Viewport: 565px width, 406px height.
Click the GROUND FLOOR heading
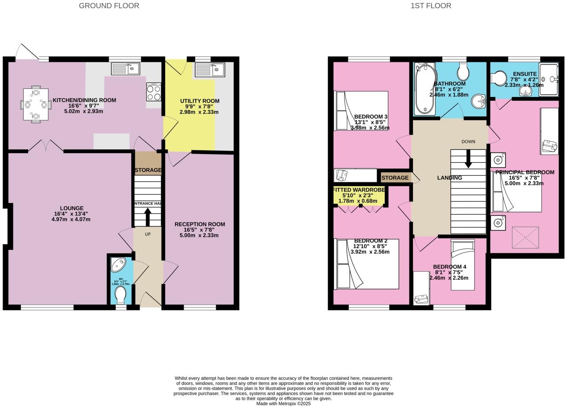pos(109,6)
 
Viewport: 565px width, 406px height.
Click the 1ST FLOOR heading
pos(431,6)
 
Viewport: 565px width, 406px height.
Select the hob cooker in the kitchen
pos(154,92)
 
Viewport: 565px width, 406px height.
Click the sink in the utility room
pos(209,69)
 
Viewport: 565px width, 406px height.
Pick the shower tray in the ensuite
pos(549,79)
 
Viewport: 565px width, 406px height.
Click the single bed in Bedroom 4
pos(462,265)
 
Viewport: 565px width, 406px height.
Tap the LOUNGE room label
pos(71,208)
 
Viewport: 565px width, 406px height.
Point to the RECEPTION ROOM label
pos(200,224)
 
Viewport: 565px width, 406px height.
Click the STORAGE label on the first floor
pos(395,178)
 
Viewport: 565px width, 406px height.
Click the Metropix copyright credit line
pos(283,403)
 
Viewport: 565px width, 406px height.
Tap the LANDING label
pos(449,178)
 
